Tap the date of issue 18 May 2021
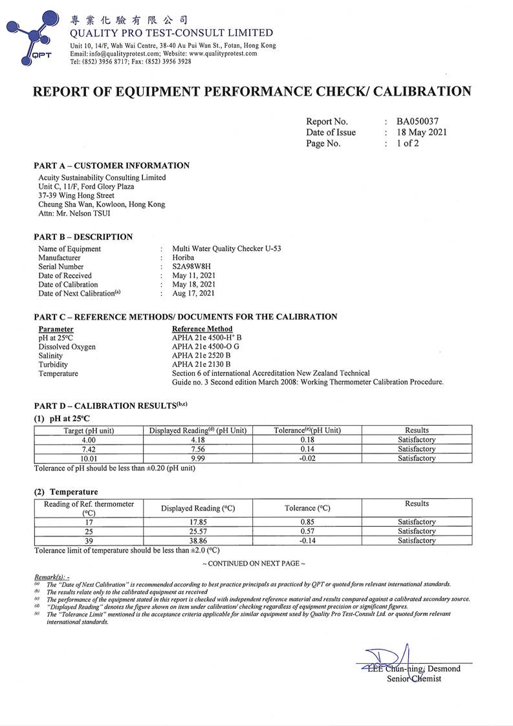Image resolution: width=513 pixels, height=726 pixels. [422, 132]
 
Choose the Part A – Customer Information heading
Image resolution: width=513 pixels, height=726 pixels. [112, 166]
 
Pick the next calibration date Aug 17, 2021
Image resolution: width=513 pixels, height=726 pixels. [194, 293]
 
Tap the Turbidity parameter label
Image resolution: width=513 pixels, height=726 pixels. [54, 365]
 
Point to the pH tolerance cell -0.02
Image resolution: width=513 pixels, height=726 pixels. [307, 458]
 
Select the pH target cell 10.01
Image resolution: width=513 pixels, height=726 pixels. [89, 458]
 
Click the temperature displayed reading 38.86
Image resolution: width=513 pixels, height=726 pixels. [198, 540]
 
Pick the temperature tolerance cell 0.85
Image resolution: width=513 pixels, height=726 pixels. [307, 522]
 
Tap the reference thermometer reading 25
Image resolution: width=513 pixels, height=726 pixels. [89, 531]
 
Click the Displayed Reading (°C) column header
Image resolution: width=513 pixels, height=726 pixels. [198, 508]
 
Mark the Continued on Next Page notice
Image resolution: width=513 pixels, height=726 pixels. [254, 564]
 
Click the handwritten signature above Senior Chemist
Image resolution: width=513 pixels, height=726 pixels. [388, 657]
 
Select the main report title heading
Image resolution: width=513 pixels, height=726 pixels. [252, 91]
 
